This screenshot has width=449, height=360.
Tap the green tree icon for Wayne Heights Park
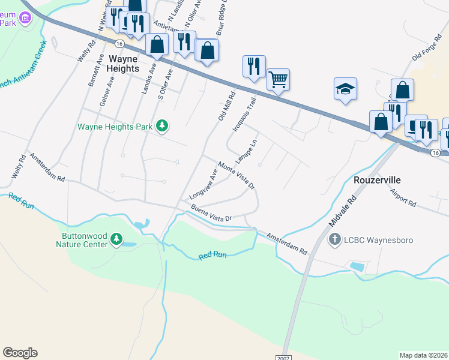click(161, 125)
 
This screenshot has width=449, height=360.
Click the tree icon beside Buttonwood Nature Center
click(116, 241)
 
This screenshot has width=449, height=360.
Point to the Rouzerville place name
click(376, 180)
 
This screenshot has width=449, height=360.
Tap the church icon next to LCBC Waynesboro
click(335, 240)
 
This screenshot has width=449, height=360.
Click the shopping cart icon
click(278, 79)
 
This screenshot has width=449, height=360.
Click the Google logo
click(20, 353)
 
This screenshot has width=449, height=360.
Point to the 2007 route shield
click(284, 357)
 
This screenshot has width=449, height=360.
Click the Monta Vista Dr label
click(237, 175)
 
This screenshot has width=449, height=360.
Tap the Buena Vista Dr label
click(211, 214)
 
